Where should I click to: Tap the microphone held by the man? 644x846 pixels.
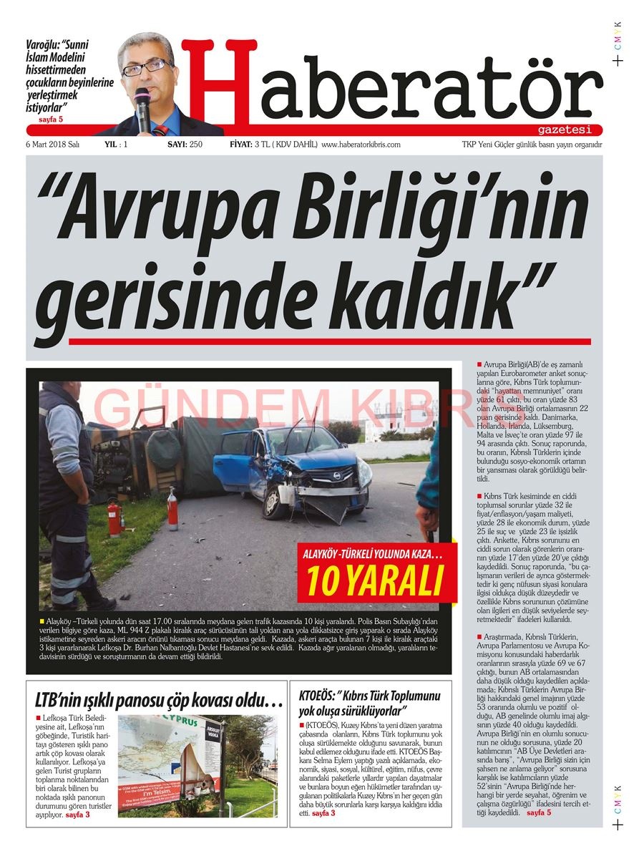[x=143, y=107]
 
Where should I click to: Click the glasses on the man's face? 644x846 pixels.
[x=147, y=68]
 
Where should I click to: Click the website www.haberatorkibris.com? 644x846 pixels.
[x=361, y=145]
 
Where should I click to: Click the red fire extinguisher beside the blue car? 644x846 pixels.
[x=172, y=509]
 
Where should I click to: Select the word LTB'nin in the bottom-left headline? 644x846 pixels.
[x=61, y=699]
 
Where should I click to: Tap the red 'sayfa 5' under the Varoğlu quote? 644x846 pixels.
[x=52, y=119]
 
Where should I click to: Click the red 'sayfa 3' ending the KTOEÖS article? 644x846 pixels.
[x=323, y=813]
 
